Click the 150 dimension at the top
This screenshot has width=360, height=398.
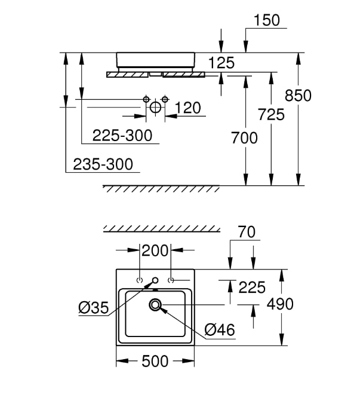pos(266,20)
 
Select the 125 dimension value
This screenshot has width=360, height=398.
pos(221,62)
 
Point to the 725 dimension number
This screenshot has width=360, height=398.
pos(272,114)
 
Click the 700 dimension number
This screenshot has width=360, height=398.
pos(245,138)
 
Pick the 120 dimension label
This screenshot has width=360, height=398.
pos(188,108)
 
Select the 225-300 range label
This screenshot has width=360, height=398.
pos(122,136)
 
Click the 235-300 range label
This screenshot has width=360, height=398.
pos(103,164)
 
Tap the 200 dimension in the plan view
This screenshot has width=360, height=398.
pos(155,251)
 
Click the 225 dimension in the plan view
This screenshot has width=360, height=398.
pos(252,287)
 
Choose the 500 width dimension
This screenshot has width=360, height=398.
pos(155,361)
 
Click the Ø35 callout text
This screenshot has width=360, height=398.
pos(94,308)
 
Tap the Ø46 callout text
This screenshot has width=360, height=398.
pos(220,329)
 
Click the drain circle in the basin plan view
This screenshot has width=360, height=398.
pos(156,305)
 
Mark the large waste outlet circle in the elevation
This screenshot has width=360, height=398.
pos(155,108)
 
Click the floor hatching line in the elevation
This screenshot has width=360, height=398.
pos(161,189)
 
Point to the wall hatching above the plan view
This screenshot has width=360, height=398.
pos(161,228)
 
